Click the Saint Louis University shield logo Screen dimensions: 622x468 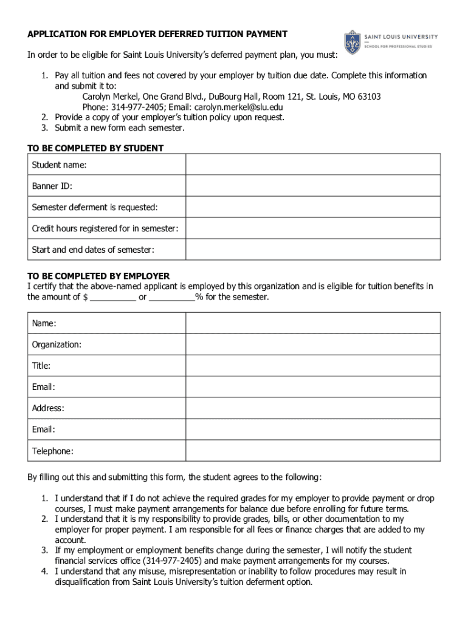pos(353,43)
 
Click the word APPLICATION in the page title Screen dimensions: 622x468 pos(54,34)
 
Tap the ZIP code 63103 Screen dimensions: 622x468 pos(368,97)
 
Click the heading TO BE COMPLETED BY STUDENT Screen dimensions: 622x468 pos(95,148)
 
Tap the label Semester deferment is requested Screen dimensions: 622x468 pos(95,207)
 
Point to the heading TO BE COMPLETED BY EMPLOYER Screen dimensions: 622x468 pos(98,276)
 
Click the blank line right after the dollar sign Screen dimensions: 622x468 pos(114,298)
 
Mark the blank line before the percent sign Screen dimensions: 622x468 pos(172,298)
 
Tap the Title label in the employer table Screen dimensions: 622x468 pos(41,366)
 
